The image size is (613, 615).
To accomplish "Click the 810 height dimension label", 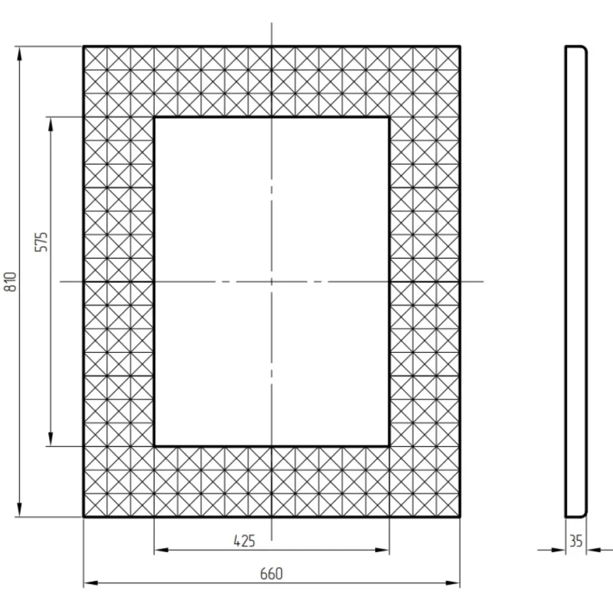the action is [x=11, y=281].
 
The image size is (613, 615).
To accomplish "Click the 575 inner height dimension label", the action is [x=41, y=242].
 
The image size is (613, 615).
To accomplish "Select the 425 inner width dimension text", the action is [x=244, y=541].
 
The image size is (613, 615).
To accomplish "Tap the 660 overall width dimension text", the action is [x=271, y=573].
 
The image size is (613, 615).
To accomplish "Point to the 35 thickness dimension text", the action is [x=576, y=541].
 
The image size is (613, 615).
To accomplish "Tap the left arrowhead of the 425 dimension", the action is [x=161, y=550].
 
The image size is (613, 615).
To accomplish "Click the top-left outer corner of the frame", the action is [x=84, y=47].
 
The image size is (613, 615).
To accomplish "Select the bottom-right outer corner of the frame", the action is [x=460, y=517].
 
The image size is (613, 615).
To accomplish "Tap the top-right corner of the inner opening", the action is [x=389, y=117].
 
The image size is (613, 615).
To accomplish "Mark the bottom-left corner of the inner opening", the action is [x=154, y=447].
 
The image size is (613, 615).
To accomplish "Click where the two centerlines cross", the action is [x=271, y=281].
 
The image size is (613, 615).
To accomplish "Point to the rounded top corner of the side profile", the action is [x=584, y=48].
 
